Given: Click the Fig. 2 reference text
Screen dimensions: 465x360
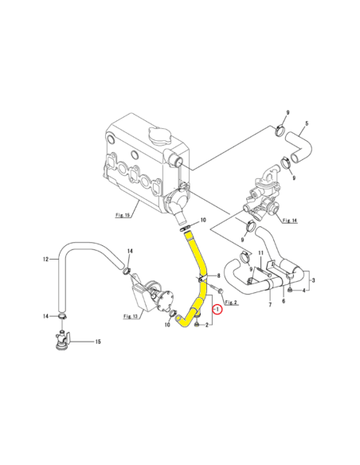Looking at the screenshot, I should click(x=232, y=303).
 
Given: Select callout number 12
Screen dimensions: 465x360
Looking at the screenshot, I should click(x=45, y=259).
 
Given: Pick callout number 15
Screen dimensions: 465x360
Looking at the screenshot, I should click(x=99, y=342).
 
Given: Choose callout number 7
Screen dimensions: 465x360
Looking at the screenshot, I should click(x=270, y=305).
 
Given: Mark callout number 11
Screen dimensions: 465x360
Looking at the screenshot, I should click(x=259, y=252).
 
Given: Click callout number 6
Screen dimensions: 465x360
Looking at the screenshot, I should click(x=284, y=302).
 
